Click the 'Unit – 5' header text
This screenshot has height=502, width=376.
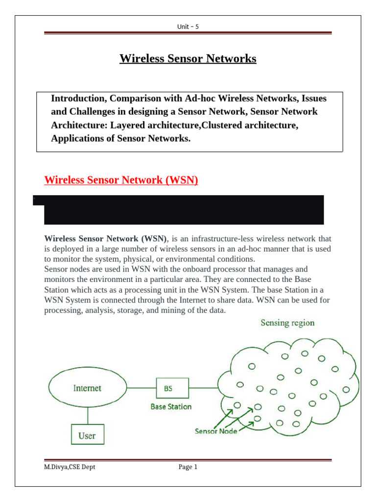coord(188,26)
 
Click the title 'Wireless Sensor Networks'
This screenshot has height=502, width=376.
coord(188,59)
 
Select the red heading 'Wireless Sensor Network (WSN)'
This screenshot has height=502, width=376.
coord(121,180)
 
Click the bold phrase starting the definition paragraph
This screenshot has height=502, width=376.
coord(106,239)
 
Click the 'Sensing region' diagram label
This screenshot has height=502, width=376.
coord(287,323)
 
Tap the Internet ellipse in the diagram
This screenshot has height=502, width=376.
coord(87,388)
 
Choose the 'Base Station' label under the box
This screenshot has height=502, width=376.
coord(171,406)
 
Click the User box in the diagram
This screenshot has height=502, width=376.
coord(87,435)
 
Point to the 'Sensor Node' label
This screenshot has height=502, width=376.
coord(216,431)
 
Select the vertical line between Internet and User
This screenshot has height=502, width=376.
coord(87,416)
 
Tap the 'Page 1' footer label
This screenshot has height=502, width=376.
coord(188,467)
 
